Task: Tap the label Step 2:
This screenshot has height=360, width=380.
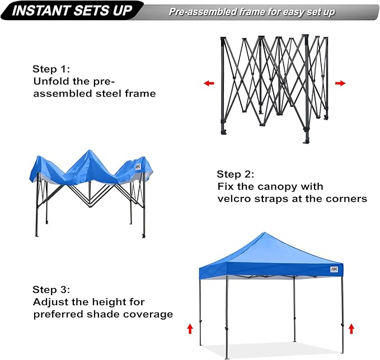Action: tap(236, 174)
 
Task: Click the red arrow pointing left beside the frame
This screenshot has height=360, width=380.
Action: tap(209, 83)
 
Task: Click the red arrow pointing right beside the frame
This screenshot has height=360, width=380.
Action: tap(340, 83)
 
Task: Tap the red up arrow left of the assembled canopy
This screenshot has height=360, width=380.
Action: tap(190, 329)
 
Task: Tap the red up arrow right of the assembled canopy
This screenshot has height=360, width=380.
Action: tap(351, 329)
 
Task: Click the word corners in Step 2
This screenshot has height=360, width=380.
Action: tap(346, 199)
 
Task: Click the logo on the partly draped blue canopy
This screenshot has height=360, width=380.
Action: tap(138, 166)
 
